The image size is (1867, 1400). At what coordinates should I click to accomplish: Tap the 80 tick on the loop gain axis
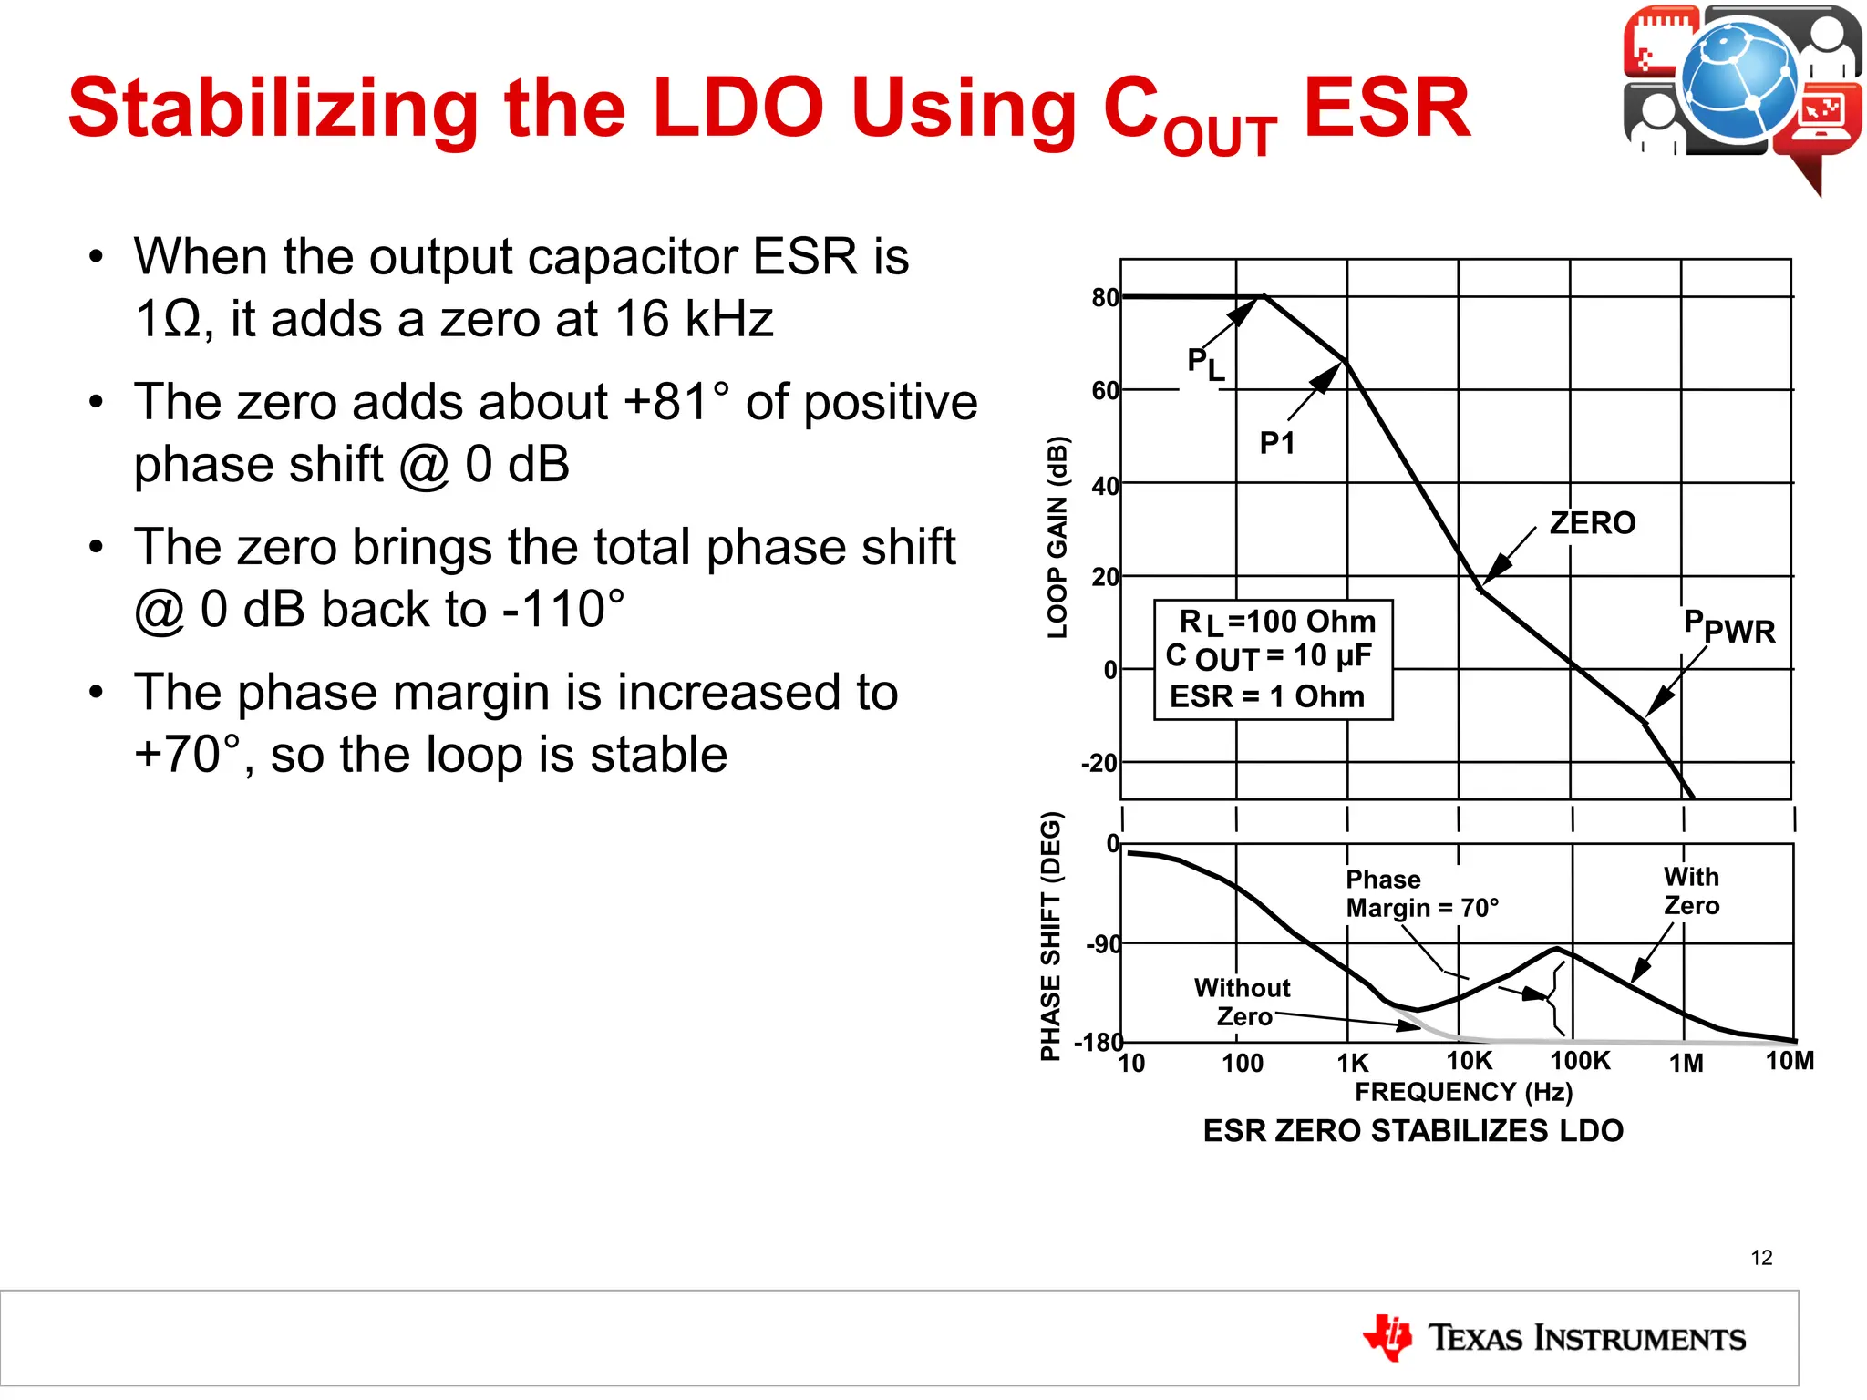[1104, 298]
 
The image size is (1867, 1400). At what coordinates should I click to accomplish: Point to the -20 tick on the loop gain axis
[1099, 763]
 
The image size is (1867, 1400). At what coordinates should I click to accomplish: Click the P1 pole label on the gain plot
[1276, 443]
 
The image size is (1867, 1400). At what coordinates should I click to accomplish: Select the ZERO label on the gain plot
[1592, 523]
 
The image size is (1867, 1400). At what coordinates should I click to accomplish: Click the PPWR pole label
[1728, 627]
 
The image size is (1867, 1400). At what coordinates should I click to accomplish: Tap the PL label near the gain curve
[1205, 364]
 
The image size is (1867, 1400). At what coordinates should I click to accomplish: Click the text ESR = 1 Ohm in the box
[1267, 696]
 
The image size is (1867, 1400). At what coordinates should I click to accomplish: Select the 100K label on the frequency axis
[1580, 1061]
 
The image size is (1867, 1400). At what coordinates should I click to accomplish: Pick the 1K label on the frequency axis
[1353, 1063]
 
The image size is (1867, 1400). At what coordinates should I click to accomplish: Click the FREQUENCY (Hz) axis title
[1463, 1092]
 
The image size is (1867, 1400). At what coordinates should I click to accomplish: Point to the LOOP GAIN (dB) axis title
[1057, 538]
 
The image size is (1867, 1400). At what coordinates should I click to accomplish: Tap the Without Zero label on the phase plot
[1243, 1002]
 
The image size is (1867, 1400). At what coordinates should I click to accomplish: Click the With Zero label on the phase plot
[1691, 890]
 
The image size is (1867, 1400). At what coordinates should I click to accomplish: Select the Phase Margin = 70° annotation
[1421, 893]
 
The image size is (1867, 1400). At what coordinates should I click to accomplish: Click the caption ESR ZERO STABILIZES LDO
[1413, 1131]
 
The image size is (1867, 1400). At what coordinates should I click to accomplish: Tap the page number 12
[1761, 1258]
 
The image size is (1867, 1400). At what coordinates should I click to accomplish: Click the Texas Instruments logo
[1554, 1338]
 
